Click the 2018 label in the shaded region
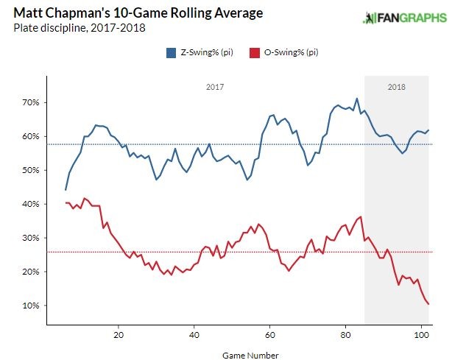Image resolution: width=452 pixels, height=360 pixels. tap(396, 87)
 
